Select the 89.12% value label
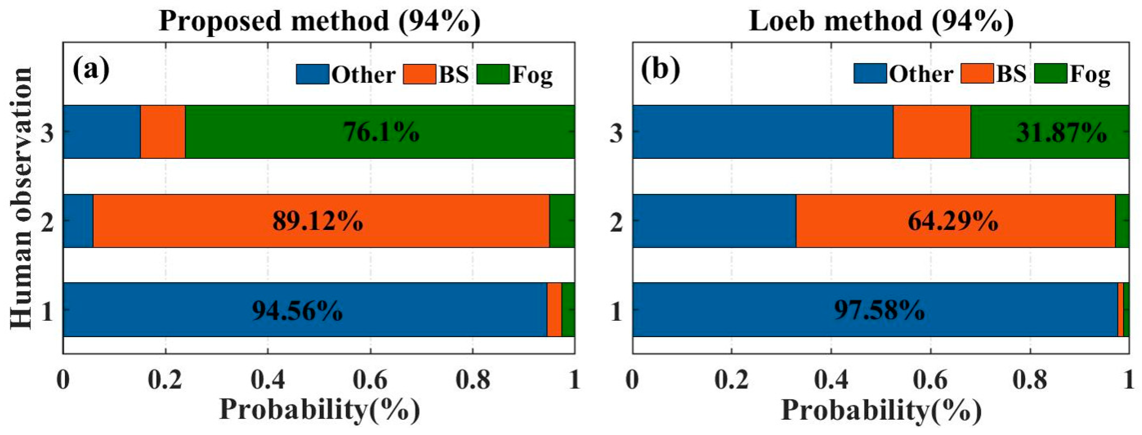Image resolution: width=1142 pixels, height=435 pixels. (317, 221)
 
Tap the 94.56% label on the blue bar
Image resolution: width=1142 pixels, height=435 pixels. (297, 310)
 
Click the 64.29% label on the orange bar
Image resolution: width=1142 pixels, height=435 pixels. (953, 221)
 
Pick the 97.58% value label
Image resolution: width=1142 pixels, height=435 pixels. (879, 310)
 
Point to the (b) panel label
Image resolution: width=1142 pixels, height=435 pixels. (660, 70)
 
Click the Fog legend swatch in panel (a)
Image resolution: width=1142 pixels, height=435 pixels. (493, 74)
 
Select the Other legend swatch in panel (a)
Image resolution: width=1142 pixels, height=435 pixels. (313, 74)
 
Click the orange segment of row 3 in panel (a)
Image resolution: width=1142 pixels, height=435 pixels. (163, 132)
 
